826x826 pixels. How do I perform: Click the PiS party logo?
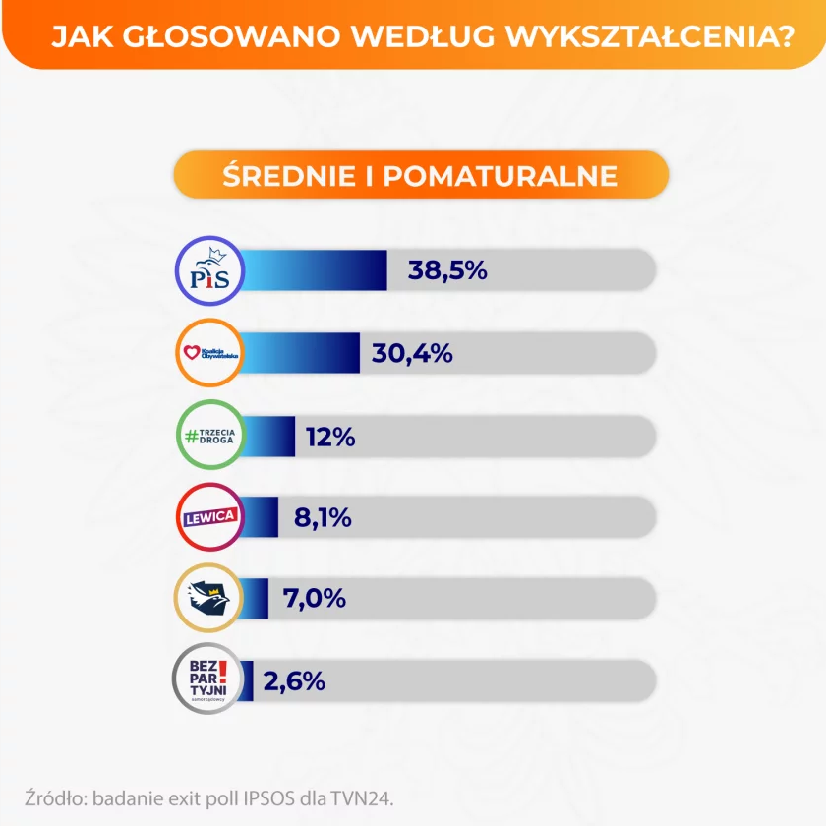pos(208,269)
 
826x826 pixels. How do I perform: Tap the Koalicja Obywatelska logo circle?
pos(208,352)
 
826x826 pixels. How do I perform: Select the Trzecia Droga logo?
pos(208,435)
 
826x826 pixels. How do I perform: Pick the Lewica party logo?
pos(208,516)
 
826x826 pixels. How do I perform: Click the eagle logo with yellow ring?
pos(208,598)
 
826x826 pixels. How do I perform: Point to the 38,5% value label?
pos(448,269)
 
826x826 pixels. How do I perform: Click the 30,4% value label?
pos(413,352)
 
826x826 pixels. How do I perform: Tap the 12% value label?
pos(330,436)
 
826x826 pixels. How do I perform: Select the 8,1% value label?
pos(323,516)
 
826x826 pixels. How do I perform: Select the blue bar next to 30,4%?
pos(300,352)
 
